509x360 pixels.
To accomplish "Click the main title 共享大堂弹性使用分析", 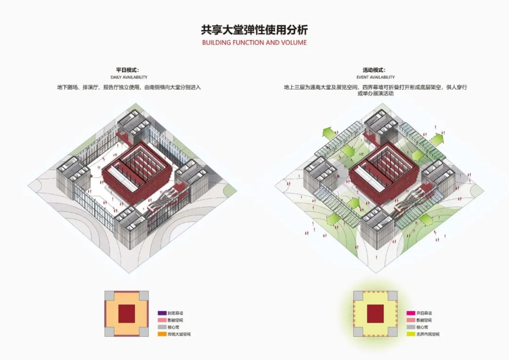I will (x=254, y=30).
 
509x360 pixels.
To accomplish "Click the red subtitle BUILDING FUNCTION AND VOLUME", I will (x=254, y=42).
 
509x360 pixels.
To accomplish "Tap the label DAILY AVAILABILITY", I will (x=129, y=77).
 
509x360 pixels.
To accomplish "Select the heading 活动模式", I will (x=375, y=70).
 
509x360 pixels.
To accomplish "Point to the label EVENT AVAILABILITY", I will (x=376, y=77).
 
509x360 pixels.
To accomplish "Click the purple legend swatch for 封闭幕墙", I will (x=162, y=313).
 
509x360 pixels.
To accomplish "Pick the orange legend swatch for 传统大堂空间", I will (x=162, y=334).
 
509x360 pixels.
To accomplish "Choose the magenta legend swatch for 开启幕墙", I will (x=410, y=313).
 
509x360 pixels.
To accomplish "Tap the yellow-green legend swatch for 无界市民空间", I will (x=410, y=334).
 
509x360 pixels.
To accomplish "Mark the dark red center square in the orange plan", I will (x=126, y=313).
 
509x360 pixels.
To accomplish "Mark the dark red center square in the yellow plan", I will (x=375, y=313).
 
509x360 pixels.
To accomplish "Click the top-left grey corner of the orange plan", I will (x=108, y=295).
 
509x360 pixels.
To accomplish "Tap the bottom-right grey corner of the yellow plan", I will (x=393, y=331).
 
